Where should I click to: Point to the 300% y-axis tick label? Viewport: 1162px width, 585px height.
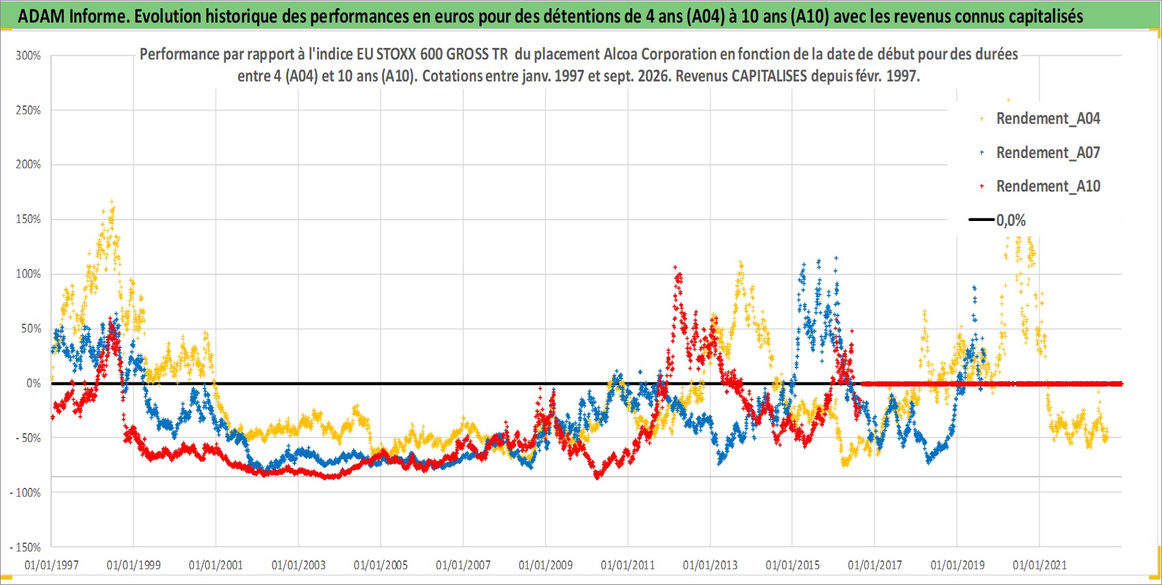click(x=28, y=55)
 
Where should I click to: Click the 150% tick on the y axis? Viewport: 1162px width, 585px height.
click(x=28, y=220)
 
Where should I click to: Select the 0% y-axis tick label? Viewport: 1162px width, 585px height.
click(x=34, y=383)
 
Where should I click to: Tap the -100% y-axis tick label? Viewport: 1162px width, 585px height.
click(x=25, y=493)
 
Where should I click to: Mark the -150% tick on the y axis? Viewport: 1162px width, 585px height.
click(x=25, y=547)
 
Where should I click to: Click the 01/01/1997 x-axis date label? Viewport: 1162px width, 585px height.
click(x=51, y=564)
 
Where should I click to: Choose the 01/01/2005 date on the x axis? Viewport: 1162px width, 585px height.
click(x=380, y=564)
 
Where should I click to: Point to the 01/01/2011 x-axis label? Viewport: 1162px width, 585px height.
click(x=628, y=564)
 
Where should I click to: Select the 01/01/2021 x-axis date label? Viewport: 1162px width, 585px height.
click(x=1040, y=564)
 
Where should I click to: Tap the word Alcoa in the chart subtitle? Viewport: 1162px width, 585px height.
click(x=620, y=55)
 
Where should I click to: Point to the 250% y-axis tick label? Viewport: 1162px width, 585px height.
click(x=28, y=110)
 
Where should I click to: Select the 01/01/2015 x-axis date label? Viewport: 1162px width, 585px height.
click(x=792, y=564)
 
